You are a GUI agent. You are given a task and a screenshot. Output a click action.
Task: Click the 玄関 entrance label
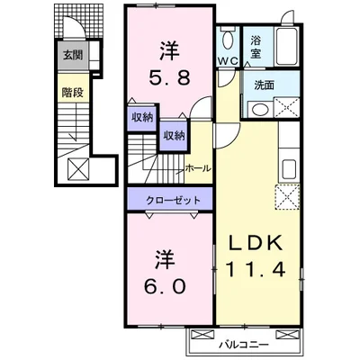pyautogui.click(x=70, y=55)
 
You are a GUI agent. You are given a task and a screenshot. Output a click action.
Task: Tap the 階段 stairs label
pyautogui.click(x=70, y=91)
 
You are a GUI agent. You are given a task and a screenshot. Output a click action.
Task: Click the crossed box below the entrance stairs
pyautogui.click(x=76, y=167)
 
